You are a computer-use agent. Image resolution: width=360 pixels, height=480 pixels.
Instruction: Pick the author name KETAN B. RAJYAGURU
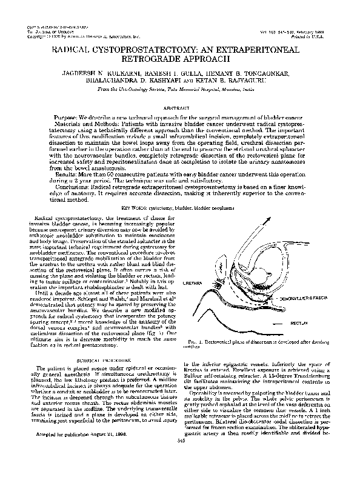239,81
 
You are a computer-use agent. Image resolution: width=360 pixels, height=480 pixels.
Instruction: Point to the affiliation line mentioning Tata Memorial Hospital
179,90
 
